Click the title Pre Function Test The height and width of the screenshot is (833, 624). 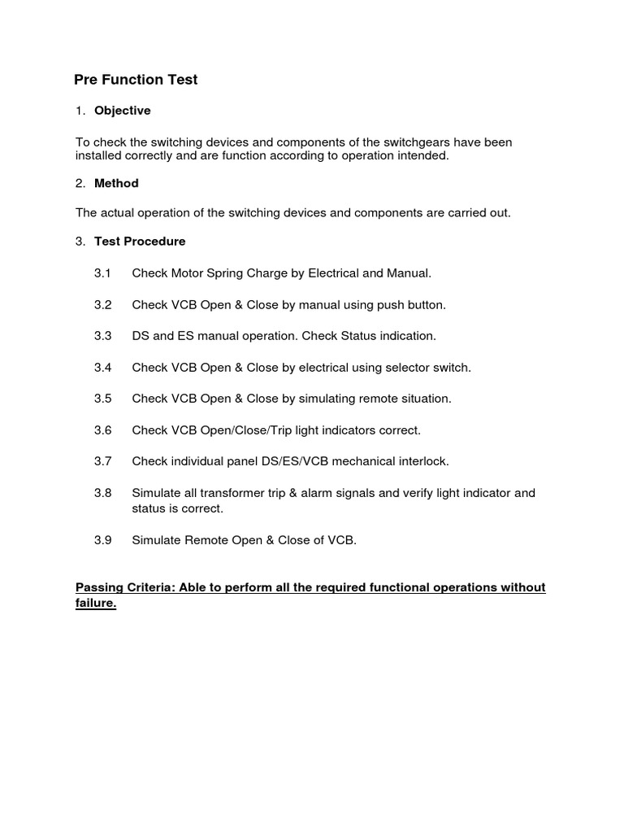click(x=136, y=80)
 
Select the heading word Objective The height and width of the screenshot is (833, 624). click(x=122, y=111)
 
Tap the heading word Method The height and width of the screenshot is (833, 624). click(x=116, y=184)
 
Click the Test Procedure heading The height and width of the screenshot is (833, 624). click(x=140, y=242)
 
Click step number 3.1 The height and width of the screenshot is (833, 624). click(x=102, y=273)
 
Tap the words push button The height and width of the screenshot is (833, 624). click(x=411, y=305)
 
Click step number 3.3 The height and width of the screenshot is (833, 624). click(x=102, y=336)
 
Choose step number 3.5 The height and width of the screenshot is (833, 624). click(x=102, y=399)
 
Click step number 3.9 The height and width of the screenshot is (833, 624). click(x=102, y=540)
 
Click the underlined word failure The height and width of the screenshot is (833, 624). click(x=95, y=604)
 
